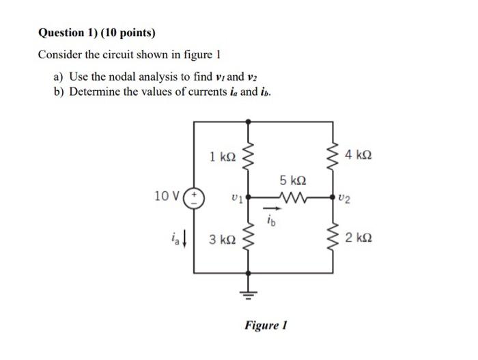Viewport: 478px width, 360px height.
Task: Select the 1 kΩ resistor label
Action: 223,156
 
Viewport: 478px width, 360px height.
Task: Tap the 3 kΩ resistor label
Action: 223,239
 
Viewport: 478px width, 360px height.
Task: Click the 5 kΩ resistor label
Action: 292,181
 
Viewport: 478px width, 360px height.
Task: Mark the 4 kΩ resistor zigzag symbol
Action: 333,156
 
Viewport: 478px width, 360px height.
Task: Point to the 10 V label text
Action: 167,197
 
